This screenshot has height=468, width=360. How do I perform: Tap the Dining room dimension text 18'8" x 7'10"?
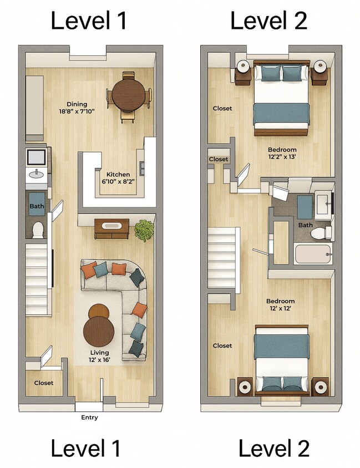pyautogui.click(x=77, y=111)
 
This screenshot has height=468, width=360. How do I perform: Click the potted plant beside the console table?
pyautogui.click(x=144, y=230)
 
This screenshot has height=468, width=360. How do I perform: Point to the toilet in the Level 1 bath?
pyautogui.click(x=38, y=229)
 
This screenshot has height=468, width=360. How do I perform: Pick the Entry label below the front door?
pyautogui.click(x=89, y=418)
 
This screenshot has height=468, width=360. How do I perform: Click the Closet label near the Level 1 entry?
pyautogui.click(x=44, y=383)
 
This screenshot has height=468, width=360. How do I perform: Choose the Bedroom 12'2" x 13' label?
pyautogui.click(x=282, y=154)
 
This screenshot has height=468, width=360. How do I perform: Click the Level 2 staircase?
pyautogui.click(x=223, y=260)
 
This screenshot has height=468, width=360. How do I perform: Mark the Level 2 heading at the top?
pyautogui.click(x=268, y=21)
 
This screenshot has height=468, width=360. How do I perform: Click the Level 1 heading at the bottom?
pyautogui.click(x=85, y=448)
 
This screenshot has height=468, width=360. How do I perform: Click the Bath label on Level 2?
pyautogui.click(x=306, y=225)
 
